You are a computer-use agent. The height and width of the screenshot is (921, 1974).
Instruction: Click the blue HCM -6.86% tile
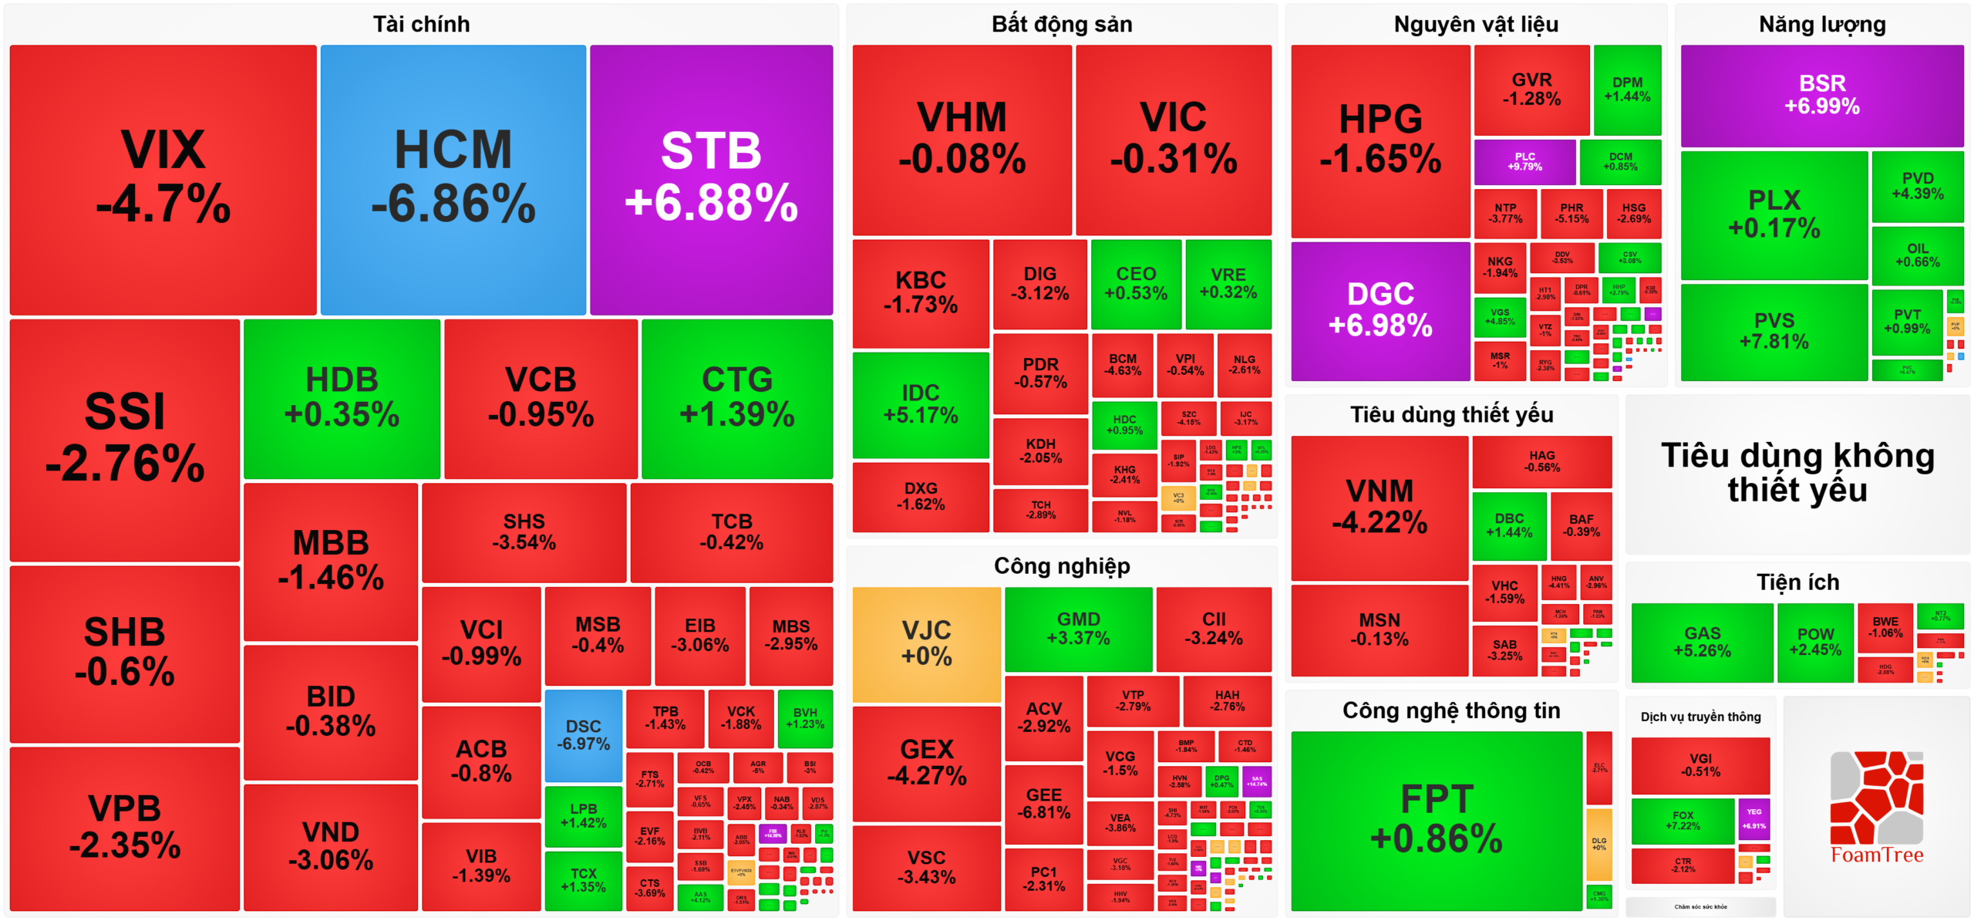[453, 179]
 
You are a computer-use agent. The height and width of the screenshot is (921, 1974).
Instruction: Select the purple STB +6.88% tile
[711, 179]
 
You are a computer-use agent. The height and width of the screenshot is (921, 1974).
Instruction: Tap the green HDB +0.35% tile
[342, 399]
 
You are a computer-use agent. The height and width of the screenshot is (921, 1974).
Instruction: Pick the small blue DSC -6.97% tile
[583, 735]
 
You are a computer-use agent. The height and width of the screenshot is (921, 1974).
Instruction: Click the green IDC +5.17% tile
[920, 404]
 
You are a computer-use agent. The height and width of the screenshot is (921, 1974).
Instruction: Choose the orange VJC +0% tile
[926, 644]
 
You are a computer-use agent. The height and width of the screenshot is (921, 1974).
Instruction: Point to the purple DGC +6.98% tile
[1379, 311]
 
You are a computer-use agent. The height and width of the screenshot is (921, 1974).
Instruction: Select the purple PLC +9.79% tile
[1524, 162]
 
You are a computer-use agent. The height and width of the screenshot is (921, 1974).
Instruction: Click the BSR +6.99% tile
[1821, 95]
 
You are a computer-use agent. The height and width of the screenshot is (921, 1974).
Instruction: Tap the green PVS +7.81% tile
[1774, 332]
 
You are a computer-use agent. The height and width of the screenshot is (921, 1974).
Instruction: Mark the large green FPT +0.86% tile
[1436, 820]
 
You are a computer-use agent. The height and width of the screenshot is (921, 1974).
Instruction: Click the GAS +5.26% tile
[1702, 643]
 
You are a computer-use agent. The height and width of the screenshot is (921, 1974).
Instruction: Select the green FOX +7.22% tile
[1683, 821]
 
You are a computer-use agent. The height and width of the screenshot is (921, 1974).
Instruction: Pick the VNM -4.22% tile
[1379, 507]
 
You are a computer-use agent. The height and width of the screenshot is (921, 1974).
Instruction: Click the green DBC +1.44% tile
[1508, 526]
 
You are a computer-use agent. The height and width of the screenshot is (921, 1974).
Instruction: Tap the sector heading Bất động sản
[1061, 25]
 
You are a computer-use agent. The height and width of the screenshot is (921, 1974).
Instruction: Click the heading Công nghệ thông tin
[1450, 710]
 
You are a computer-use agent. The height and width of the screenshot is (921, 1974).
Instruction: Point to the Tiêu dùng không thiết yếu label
[1797, 473]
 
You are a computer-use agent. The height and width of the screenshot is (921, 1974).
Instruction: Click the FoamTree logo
[1876, 807]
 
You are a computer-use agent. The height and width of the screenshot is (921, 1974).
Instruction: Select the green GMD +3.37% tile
[1078, 629]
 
